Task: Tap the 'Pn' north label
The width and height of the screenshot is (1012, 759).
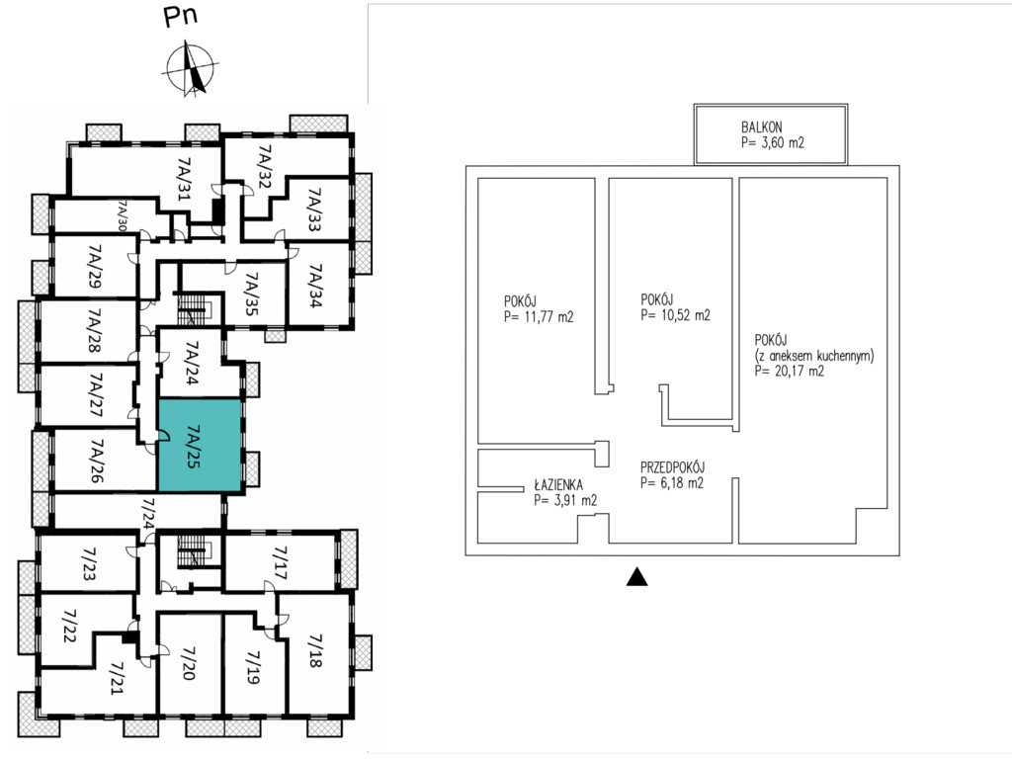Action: pos(180,16)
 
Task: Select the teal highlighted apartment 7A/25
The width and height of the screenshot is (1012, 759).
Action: pos(200,446)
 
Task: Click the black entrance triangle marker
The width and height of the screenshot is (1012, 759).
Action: pos(636,576)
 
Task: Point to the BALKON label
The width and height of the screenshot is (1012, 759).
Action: pos(761,127)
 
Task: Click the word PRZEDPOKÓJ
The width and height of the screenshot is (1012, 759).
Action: pos(672,467)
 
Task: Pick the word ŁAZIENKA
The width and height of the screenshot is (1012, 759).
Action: pos(558,484)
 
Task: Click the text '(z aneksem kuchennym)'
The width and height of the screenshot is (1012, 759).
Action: pos(814,356)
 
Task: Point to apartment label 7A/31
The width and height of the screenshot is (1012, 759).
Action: pos(185,178)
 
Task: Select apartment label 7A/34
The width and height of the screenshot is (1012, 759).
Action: pos(315,286)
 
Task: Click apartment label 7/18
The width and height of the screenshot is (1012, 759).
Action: pos(315,650)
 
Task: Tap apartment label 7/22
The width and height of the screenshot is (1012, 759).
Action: pos(70,626)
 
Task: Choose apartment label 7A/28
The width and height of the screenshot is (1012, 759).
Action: pos(95,330)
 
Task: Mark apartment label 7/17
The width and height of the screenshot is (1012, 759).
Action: pos(280,562)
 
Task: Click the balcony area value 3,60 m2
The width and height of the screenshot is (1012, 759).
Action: pos(773,142)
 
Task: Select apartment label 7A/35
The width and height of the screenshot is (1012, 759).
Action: pos(252,294)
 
